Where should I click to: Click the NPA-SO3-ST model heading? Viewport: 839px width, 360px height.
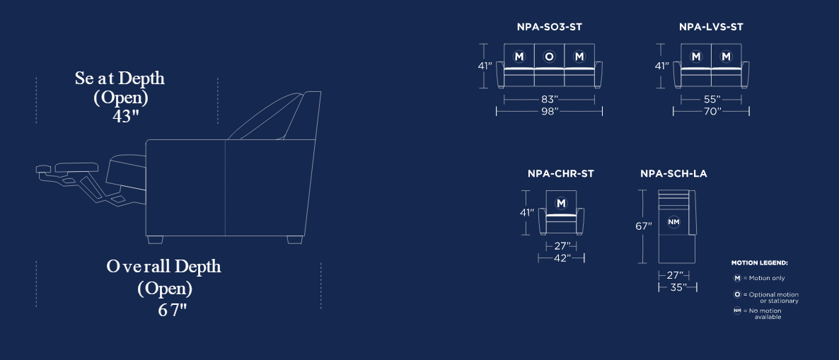[x=549, y=27]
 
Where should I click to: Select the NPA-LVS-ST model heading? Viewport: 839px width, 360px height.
[x=711, y=27]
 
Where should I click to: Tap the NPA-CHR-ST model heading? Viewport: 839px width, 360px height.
[x=561, y=174]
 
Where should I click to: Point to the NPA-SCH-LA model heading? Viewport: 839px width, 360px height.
[x=673, y=174]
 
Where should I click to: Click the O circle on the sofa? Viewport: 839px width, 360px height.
[x=549, y=57]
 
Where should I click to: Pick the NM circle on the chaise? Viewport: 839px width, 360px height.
[x=673, y=221]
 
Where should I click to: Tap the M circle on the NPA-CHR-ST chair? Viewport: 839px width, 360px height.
[x=561, y=203]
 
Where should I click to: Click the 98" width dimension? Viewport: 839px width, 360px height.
[x=550, y=111]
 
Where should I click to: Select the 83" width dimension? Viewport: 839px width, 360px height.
[x=549, y=99]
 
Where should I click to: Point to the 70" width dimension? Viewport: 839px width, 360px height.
[x=712, y=111]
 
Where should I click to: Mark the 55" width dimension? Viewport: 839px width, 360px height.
[x=711, y=99]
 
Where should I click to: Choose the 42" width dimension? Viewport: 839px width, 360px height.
[x=561, y=258]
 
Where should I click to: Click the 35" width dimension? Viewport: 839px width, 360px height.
[x=678, y=287]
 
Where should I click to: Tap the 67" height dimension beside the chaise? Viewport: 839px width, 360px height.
[x=644, y=226]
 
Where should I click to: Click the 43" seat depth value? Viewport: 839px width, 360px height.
[x=126, y=116]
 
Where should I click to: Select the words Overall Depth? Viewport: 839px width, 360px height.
[x=163, y=267]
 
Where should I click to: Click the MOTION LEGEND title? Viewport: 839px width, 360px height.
[x=759, y=263]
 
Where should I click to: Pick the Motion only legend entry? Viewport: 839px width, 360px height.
[x=759, y=278]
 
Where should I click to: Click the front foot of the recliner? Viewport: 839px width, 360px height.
[x=155, y=240]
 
